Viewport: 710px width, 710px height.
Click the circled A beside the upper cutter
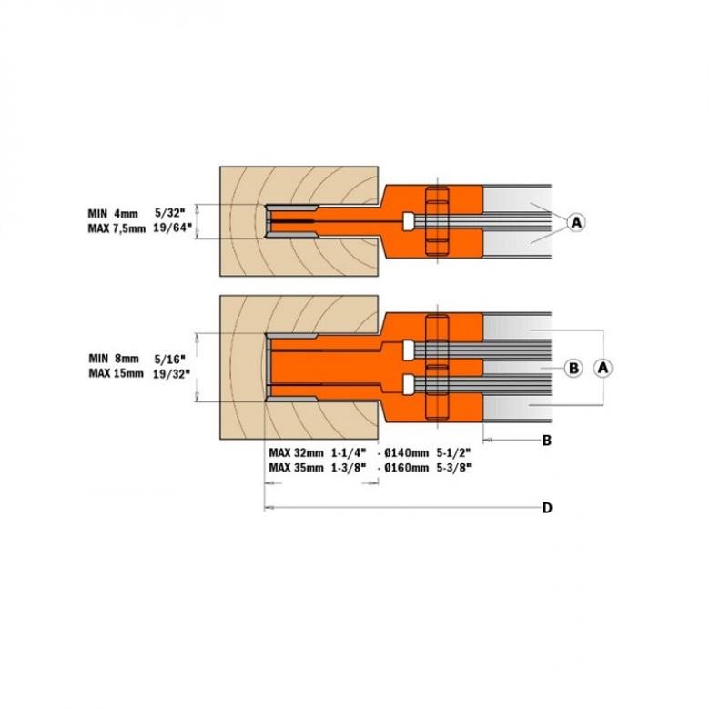[575, 221]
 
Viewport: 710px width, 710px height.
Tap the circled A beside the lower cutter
[601, 367]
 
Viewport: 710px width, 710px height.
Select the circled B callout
[573, 368]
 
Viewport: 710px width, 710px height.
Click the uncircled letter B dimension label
[547, 441]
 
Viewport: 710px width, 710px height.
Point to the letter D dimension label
[547, 508]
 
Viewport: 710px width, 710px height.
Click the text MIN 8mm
[107, 360]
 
